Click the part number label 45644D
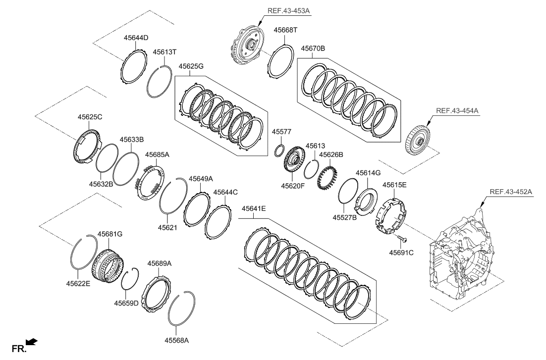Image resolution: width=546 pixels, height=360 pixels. tap(136, 37)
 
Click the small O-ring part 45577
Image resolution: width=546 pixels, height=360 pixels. tap(279, 150)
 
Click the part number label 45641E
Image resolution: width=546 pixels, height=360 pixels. tap(254, 209)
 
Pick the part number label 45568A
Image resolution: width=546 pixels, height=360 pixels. tap(177, 340)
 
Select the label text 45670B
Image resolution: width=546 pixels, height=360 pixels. tap(313, 49)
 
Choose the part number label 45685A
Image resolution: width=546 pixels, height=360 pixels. tap(157, 154)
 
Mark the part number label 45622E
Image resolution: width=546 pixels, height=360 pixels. tap(78, 284)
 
